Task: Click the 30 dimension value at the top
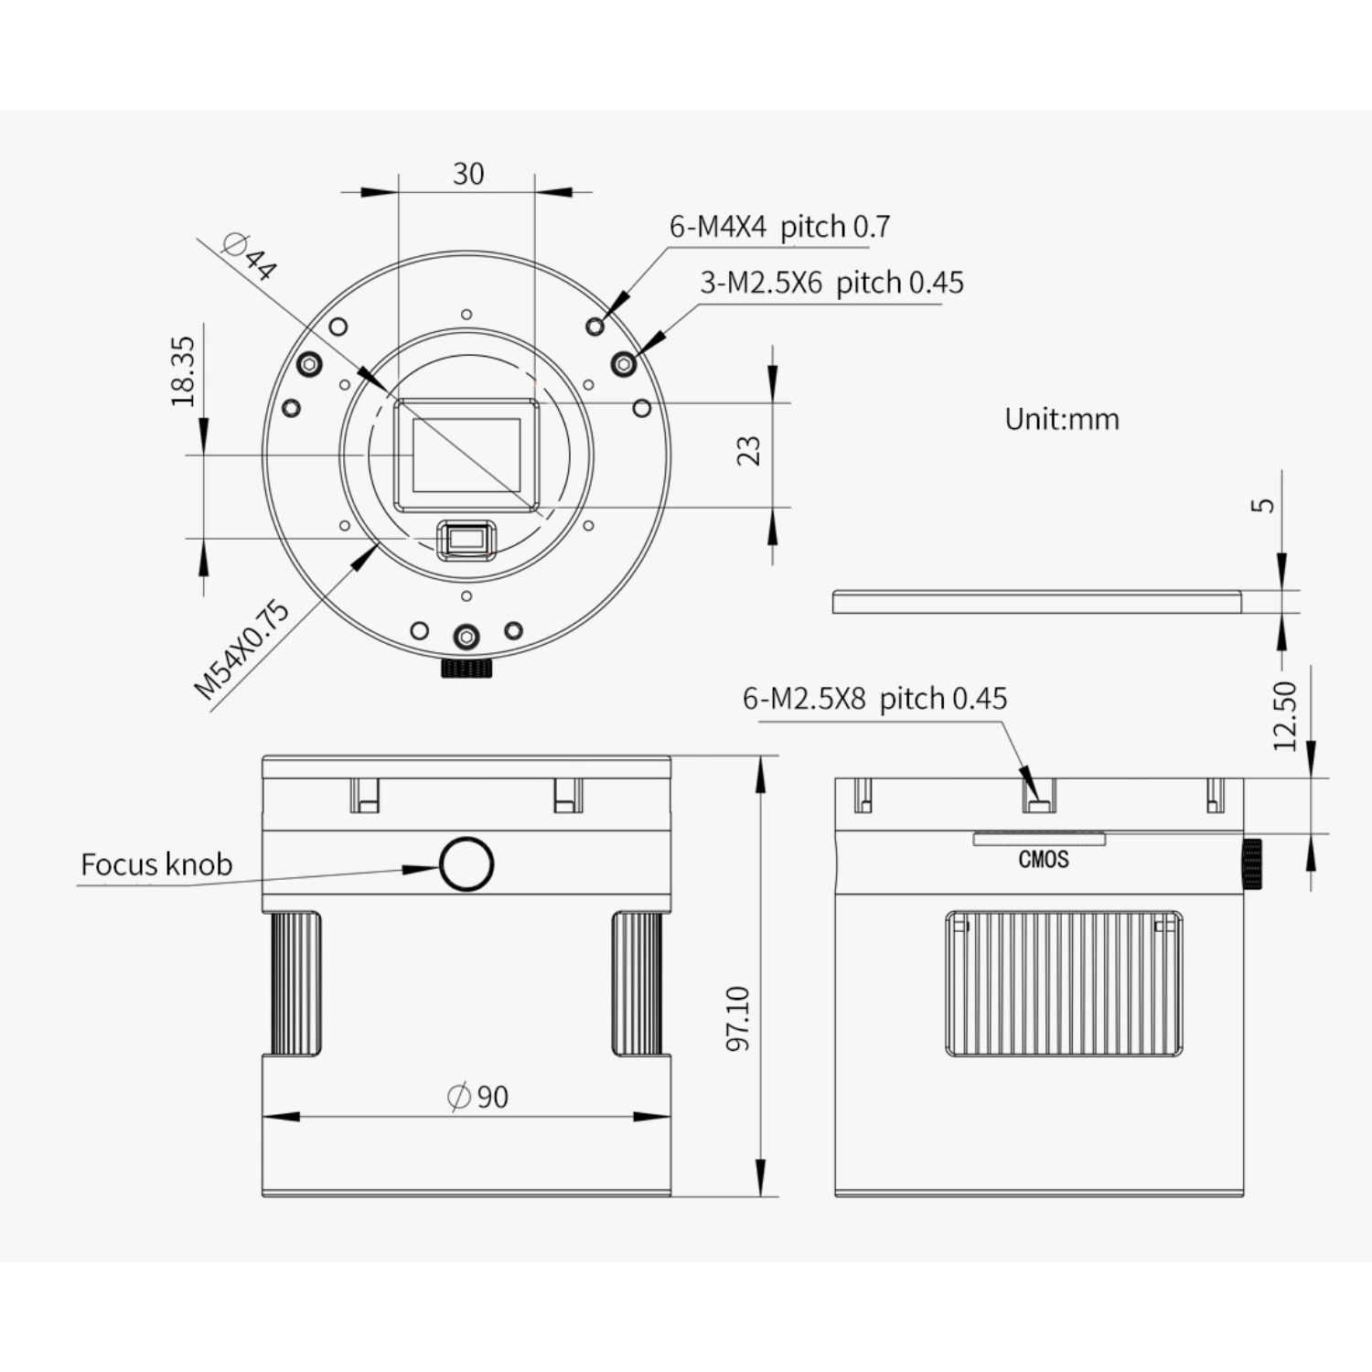click(468, 173)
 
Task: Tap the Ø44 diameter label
click(249, 255)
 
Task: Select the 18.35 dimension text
click(183, 370)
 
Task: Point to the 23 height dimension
click(748, 450)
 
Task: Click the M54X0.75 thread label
click(242, 649)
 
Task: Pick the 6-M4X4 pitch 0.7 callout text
click(779, 226)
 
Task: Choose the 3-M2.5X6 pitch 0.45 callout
click(831, 283)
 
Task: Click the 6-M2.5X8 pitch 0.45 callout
click(874, 699)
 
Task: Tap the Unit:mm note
click(1062, 419)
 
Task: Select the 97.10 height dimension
click(737, 1017)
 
